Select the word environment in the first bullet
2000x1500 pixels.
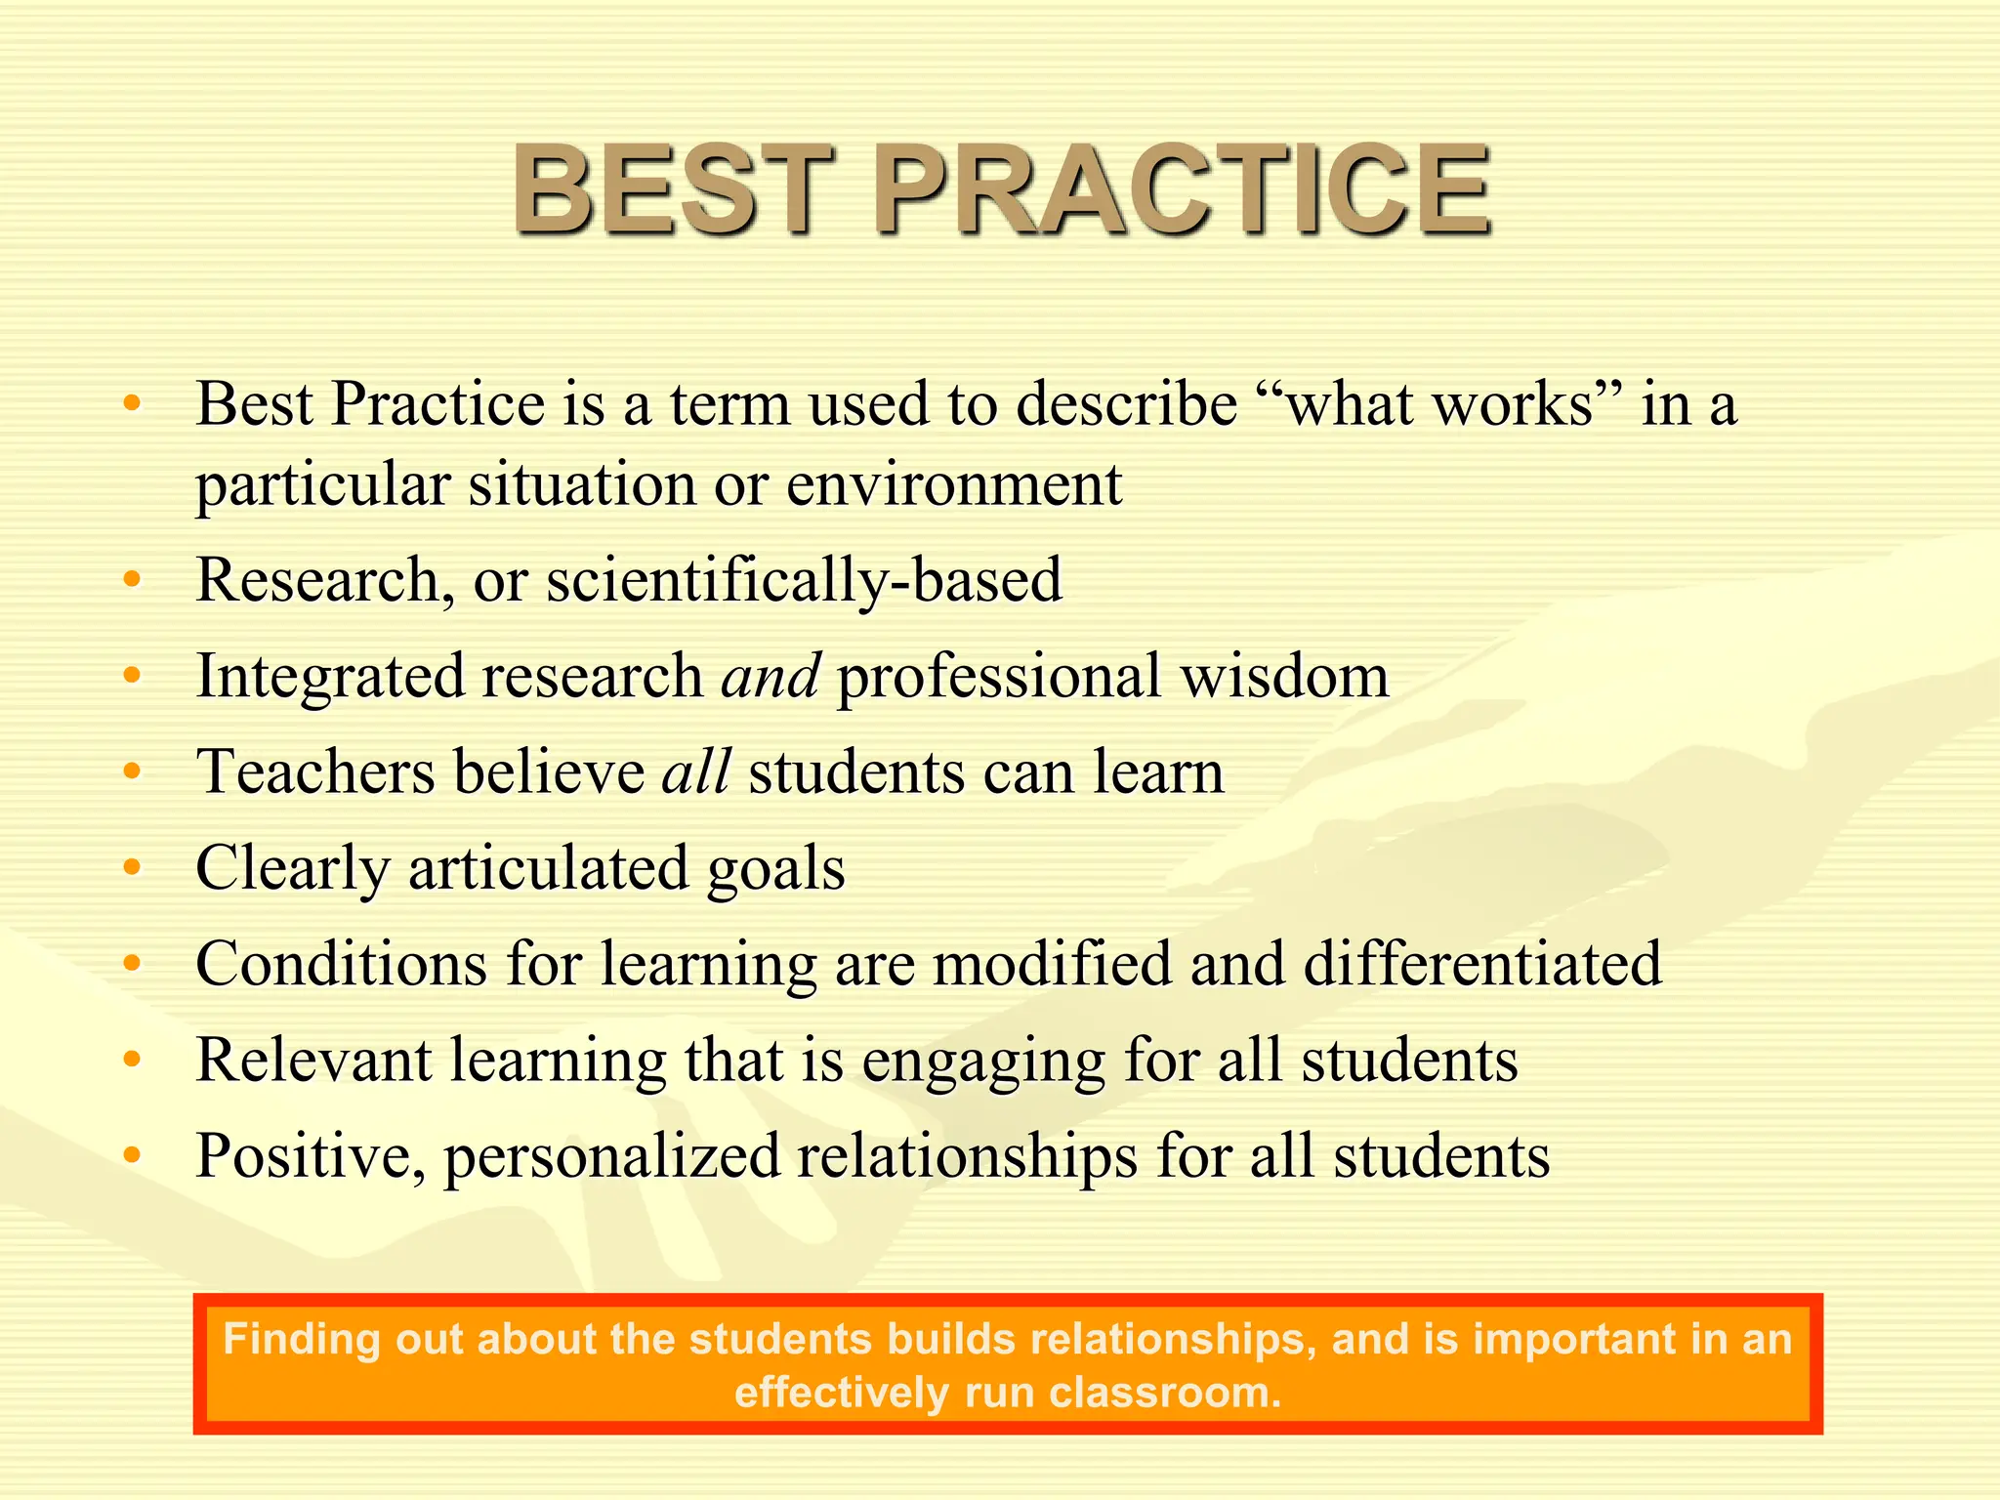click(954, 483)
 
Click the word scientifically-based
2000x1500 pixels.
click(804, 580)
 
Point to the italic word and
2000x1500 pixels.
click(770, 676)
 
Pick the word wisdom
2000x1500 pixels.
click(1285, 676)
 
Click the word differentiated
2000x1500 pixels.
click(1482, 964)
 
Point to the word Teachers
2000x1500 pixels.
click(315, 771)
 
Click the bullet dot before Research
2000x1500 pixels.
click(133, 580)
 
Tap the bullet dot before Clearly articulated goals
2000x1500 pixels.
click(133, 867)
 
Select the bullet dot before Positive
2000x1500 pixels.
click(133, 1155)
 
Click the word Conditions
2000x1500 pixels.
click(341, 964)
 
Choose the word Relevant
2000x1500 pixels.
click(312, 1060)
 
